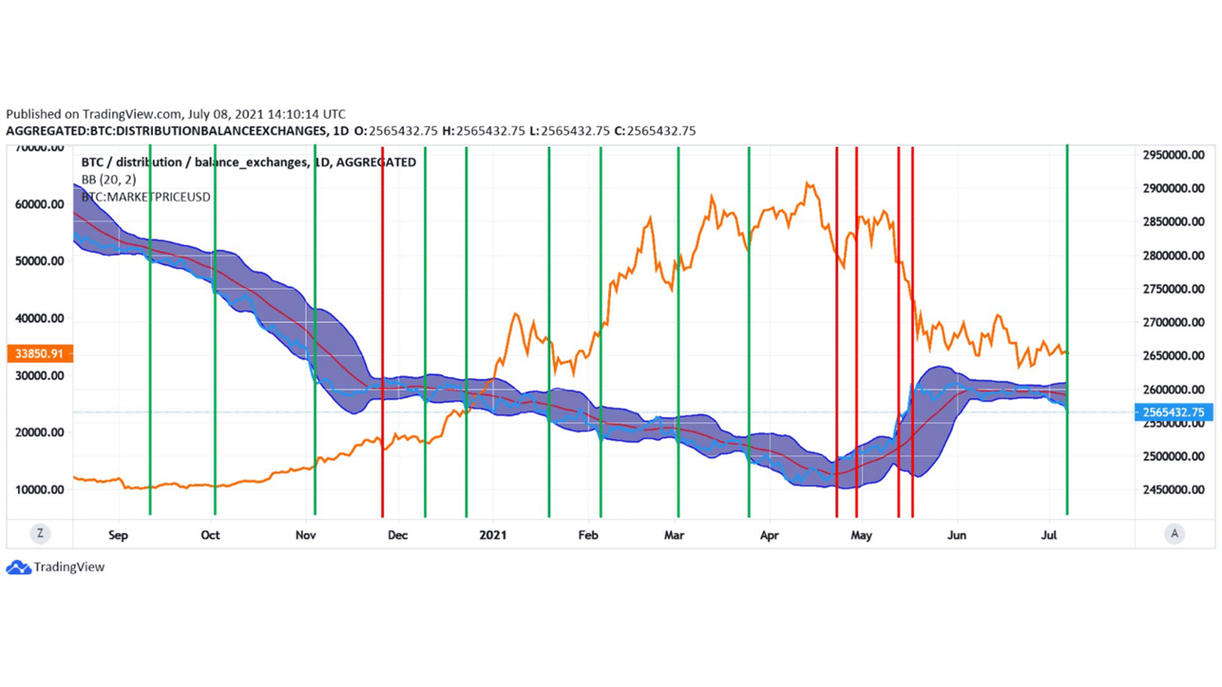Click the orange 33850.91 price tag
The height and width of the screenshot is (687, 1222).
pyautogui.click(x=39, y=353)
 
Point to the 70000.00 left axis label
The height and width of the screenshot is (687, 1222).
pyautogui.click(x=39, y=148)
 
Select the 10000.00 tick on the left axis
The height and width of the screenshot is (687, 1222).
pyautogui.click(x=39, y=489)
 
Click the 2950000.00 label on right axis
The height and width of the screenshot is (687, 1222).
pyautogui.click(x=1175, y=155)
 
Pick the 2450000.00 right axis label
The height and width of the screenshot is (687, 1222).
pyautogui.click(x=1175, y=489)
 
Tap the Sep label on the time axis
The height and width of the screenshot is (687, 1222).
pyautogui.click(x=118, y=535)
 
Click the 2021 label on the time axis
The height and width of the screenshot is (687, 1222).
pyautogui.click(x=493, y=535)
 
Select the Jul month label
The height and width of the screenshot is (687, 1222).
pyautogui.click(x=1050, y=535)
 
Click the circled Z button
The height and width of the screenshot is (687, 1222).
pyautogui.click(x=39, y=534)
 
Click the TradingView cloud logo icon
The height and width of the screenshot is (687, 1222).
pyautogui.click(x=18, y=567)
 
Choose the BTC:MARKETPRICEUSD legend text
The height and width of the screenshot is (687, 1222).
pyautogui.click(x=146, y=196)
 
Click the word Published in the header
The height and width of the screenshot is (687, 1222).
pyautogui.click(x=34, y=114)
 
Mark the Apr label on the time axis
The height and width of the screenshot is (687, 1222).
pyautogui.click(x=769, y=535)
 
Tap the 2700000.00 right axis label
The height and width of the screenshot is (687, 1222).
pyautogui.click(x=1175, y=322)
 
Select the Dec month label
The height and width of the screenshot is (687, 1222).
pyautogui.click(x=397, y=535)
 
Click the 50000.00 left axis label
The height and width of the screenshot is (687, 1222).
pyautogui.click(x=39, y=261)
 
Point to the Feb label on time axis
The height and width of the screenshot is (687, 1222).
pyautogui.click(x=588, y=535)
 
